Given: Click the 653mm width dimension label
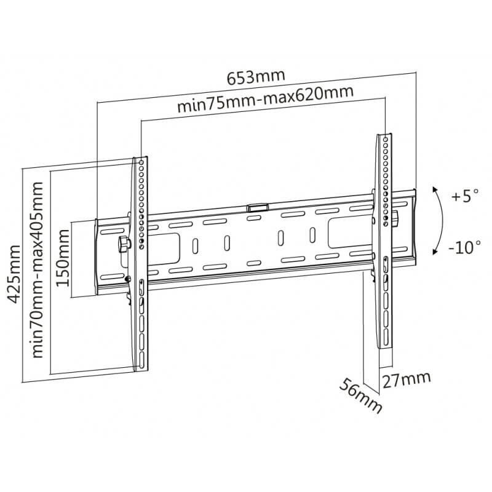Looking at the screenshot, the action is [x=256, y=77].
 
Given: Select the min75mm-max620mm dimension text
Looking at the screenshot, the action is [x=266, y=99].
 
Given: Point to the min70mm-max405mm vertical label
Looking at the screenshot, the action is [x=38, y=270].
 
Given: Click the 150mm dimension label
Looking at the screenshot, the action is [x=63, y=258].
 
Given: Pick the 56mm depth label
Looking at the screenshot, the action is [x=361, y=396].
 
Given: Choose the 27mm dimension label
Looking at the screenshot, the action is [x=407, y=379].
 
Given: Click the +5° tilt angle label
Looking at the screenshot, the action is [x=466, y=197].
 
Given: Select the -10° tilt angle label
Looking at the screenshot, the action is [x=464, y=248].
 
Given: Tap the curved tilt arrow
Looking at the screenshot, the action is [x=442, y=220].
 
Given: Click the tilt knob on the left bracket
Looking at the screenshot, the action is [x=124, y=244].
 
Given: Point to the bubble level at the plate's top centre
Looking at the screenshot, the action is [x=258, y=208].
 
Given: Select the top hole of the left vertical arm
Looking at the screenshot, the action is [x=141, y=162].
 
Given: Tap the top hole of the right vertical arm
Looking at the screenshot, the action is [x=386, y=139].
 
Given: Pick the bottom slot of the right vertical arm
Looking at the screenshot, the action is [x=386, y=336].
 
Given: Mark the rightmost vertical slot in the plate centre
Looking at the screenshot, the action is [x=312, y=235].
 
